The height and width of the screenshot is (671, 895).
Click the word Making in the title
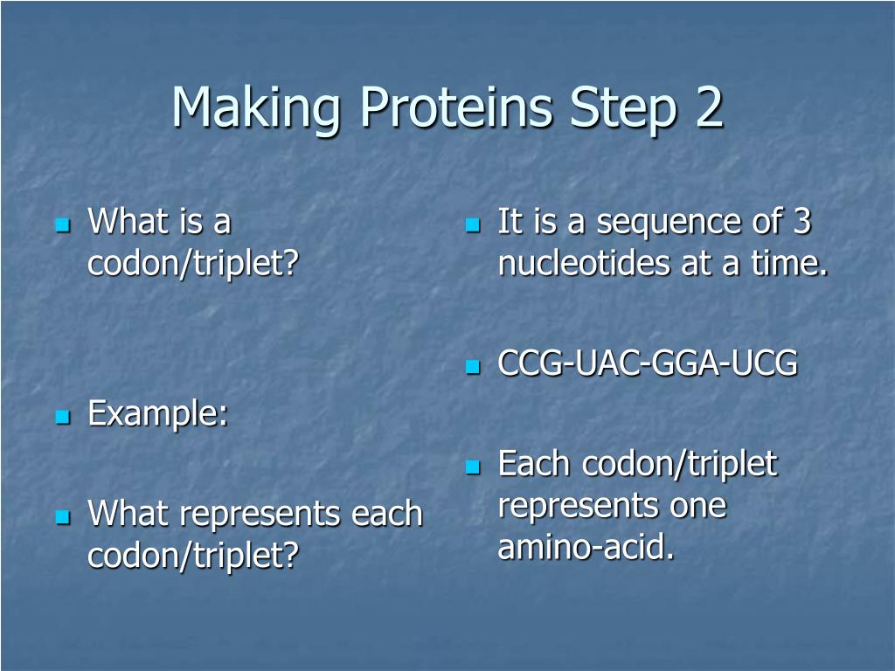point(256,107)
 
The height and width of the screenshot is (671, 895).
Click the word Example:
point(158,413)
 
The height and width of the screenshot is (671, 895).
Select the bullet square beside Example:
point(63,417)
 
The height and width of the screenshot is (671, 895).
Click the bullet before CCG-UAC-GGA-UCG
point(473,366)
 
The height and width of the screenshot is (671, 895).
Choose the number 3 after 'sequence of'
point(802,221)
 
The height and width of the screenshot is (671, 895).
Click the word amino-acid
point(586,546)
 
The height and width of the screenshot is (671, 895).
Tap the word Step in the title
point(623,109)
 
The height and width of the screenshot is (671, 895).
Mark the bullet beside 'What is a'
point(63,225)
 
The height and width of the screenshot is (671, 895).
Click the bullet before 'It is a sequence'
point(473,225)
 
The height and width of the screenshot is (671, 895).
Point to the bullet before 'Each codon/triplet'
point(473,467)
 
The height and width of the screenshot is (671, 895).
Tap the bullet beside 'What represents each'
point(63,517)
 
